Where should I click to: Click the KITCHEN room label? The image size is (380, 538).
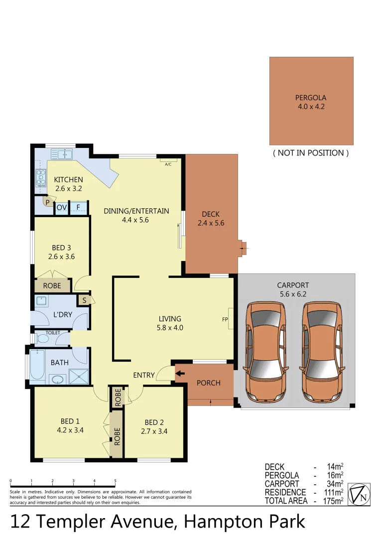68,180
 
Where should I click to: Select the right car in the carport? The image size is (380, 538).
323,353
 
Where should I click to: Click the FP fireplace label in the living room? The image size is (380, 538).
225,319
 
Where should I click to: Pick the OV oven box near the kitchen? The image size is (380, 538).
62,207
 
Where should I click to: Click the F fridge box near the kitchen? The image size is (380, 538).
78,207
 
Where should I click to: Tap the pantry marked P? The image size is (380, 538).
47,202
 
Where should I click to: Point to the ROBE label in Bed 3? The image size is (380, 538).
52,286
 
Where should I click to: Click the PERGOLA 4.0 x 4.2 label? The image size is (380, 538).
311,102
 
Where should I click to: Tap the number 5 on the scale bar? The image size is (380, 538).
115,481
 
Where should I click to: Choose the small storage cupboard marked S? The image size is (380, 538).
84,300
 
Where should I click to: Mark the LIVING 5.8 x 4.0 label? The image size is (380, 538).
170,323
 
